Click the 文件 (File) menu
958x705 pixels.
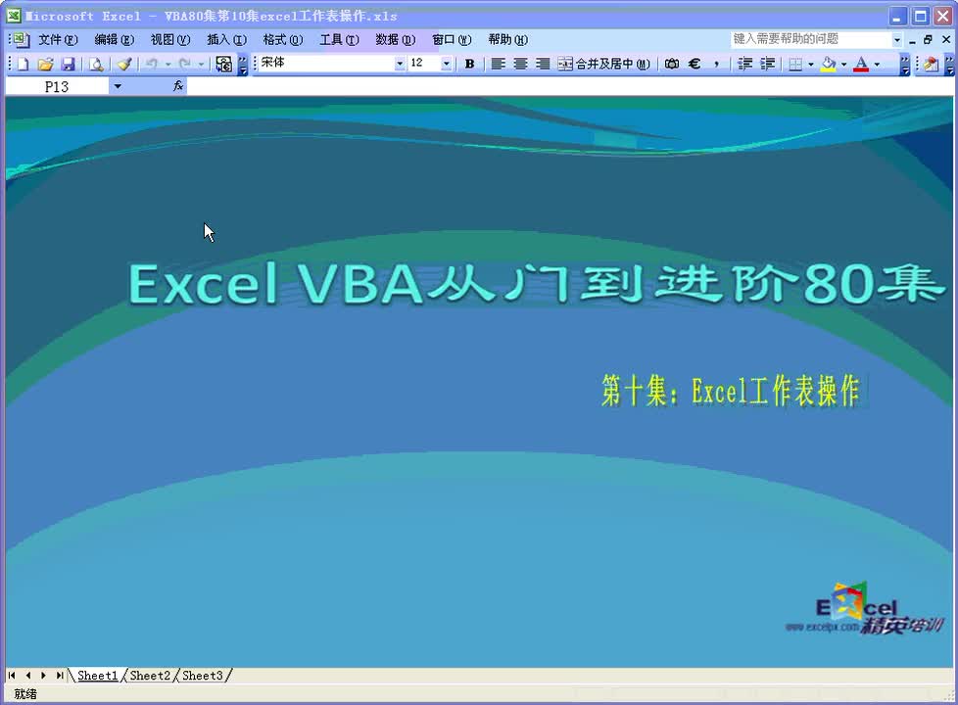click(57, 40)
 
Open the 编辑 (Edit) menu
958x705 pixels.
click(114, 40)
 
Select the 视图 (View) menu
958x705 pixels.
click(169, 40)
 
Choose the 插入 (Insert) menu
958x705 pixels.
click(226, 40)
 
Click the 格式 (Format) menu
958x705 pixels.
click(282, 40)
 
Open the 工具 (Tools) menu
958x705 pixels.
click(339, 40)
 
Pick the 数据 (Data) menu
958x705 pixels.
click(395, 40)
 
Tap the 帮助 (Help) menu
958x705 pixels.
click(507, 40)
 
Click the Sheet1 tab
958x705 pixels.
click(97, 676)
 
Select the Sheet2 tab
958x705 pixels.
click(150, 676)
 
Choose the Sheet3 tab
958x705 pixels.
click(203, 676)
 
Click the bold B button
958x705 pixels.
click(469, 64)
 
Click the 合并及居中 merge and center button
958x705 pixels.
click(603, 64)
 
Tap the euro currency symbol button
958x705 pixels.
click(695, 64)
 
